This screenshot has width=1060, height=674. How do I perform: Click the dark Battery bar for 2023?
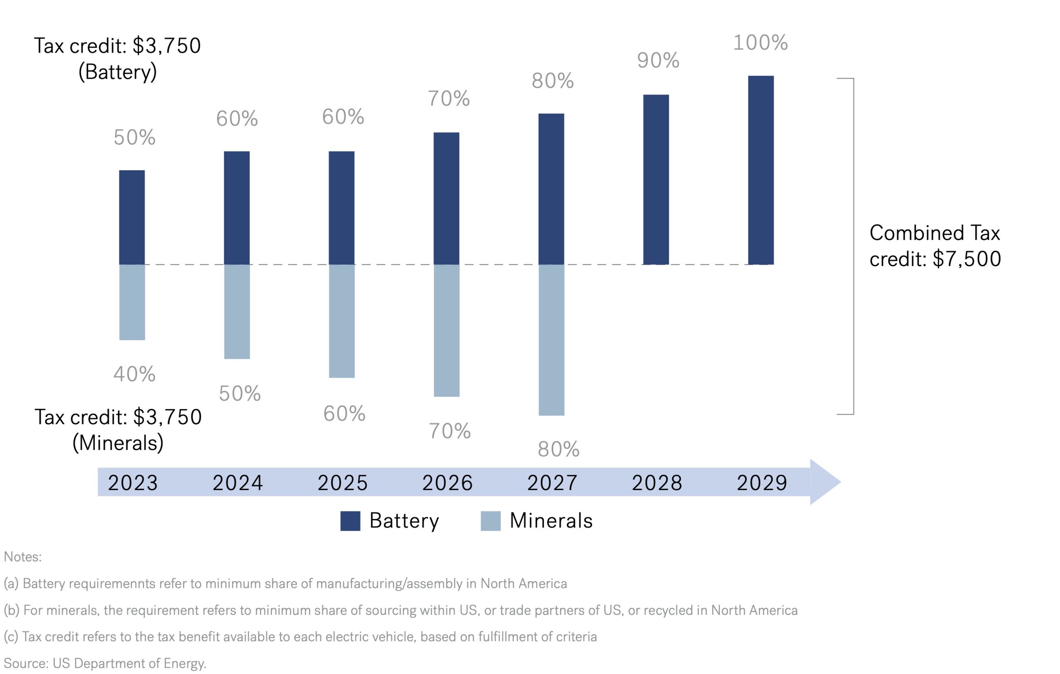click(x=132, y=217)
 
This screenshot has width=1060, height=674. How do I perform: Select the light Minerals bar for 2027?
click(x=551, y=340)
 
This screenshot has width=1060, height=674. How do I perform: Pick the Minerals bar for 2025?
click(x=342, y=321)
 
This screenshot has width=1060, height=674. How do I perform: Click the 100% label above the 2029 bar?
click(x=760, y=43)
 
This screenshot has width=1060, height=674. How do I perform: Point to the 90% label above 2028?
click(x=658, y=61)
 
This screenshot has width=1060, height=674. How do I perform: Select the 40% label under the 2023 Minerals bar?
click(x=134, y=374)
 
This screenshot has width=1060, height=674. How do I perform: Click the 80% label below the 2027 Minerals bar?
click(x=558, y=450)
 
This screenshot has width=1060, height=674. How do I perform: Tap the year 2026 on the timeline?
click(x=447, y=483)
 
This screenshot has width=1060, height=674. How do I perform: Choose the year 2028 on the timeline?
click(x=657, y=483)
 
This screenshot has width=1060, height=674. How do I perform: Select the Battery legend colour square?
click(x=350, y=521)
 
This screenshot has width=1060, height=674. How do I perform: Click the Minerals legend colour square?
click(x=490, y=521)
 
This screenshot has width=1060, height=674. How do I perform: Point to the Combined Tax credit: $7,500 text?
click(x=935, y=246)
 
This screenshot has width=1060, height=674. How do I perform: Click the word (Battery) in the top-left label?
click(x=118, y=72)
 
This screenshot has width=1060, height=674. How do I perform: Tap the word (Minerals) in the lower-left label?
click(x=118, y=443)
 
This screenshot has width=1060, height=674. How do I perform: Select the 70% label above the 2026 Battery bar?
click(x=448, y=99)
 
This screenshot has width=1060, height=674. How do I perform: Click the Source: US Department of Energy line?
click(x=105, y=663)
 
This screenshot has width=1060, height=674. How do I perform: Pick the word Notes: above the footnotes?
click(x=23, y=557)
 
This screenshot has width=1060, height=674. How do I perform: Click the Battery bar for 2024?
click(x=237, y=208)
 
